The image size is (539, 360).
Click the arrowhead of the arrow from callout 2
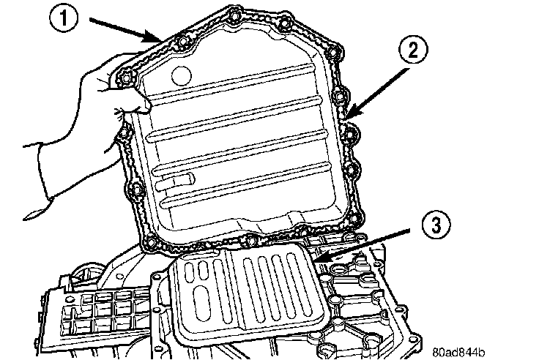tap(346, 117)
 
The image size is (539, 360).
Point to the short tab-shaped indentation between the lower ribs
tap(181, 179)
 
